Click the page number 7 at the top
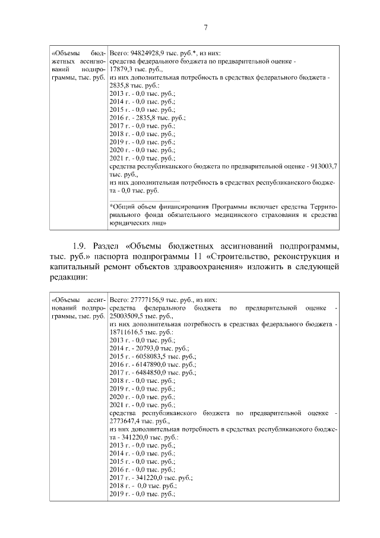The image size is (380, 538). [x=205, y=27]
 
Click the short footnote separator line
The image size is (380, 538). [x=145, y=200]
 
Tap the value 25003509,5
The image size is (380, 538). [x=128, y=317]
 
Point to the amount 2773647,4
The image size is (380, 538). [x=126, y=420]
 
